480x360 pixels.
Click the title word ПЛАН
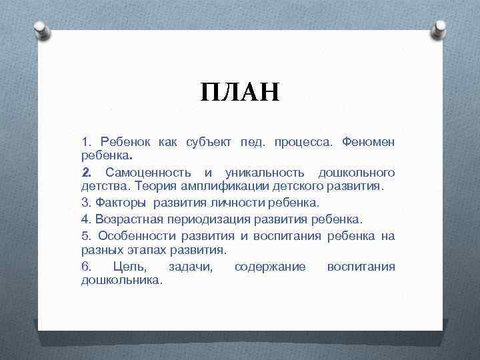pos(240,91)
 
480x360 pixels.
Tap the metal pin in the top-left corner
pos(40,29)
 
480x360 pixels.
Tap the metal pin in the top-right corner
pos(440,29)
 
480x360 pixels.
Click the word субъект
pos(206,143)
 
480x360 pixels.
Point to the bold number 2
pos(85,173)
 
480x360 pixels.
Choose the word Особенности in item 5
pos(132,235)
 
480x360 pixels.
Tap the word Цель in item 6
pos(127,267)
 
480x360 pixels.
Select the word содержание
pos(269,267)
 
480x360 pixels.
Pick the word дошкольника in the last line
pos(121,281)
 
